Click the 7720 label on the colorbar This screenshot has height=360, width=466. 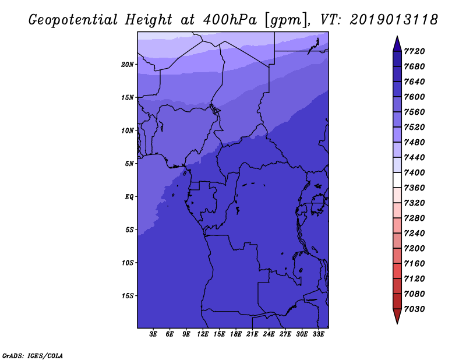coord(414,51)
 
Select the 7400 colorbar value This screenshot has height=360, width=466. coord(414,172)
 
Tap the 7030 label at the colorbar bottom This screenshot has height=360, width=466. coord(414,309)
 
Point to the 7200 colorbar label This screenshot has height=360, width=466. coord(414,249)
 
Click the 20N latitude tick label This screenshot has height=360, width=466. coord(128,65)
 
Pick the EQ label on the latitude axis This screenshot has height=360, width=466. coord(129,197)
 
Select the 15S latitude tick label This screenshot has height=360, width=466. coord(128,296)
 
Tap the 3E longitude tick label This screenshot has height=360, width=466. coord(153,334)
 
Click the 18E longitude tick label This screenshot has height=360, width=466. coord(236,334)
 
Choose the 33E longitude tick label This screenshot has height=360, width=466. coord(318,334)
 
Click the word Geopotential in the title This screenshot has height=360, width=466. coord(73,20)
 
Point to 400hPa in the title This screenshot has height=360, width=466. coord(230,20)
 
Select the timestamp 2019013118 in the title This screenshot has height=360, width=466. coord(394,20)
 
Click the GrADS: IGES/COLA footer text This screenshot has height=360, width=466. coord(33,356)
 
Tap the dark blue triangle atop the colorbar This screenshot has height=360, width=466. coord(397,44)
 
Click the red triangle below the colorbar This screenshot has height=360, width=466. coord(397,316)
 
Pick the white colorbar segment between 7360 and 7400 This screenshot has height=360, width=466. coord(397,180)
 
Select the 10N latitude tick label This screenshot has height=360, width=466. coord(128,131)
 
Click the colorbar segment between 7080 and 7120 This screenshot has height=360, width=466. coord(397,286)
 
